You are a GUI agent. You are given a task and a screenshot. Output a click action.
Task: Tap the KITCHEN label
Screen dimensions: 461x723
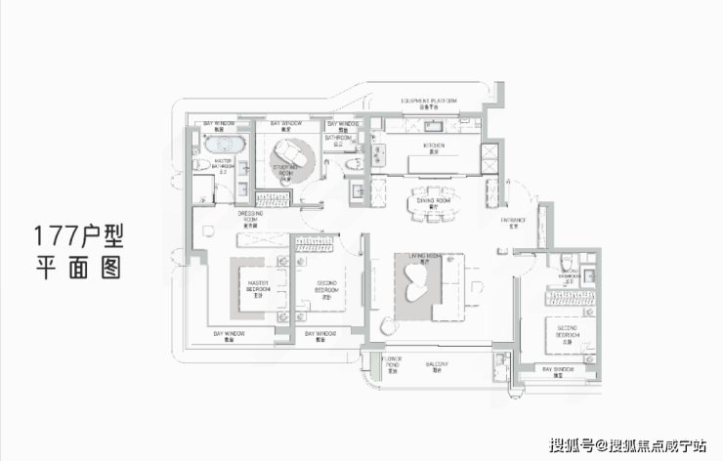[x=435, y=147]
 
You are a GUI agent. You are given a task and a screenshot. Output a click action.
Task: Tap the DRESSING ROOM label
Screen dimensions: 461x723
[x=250, y=217]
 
